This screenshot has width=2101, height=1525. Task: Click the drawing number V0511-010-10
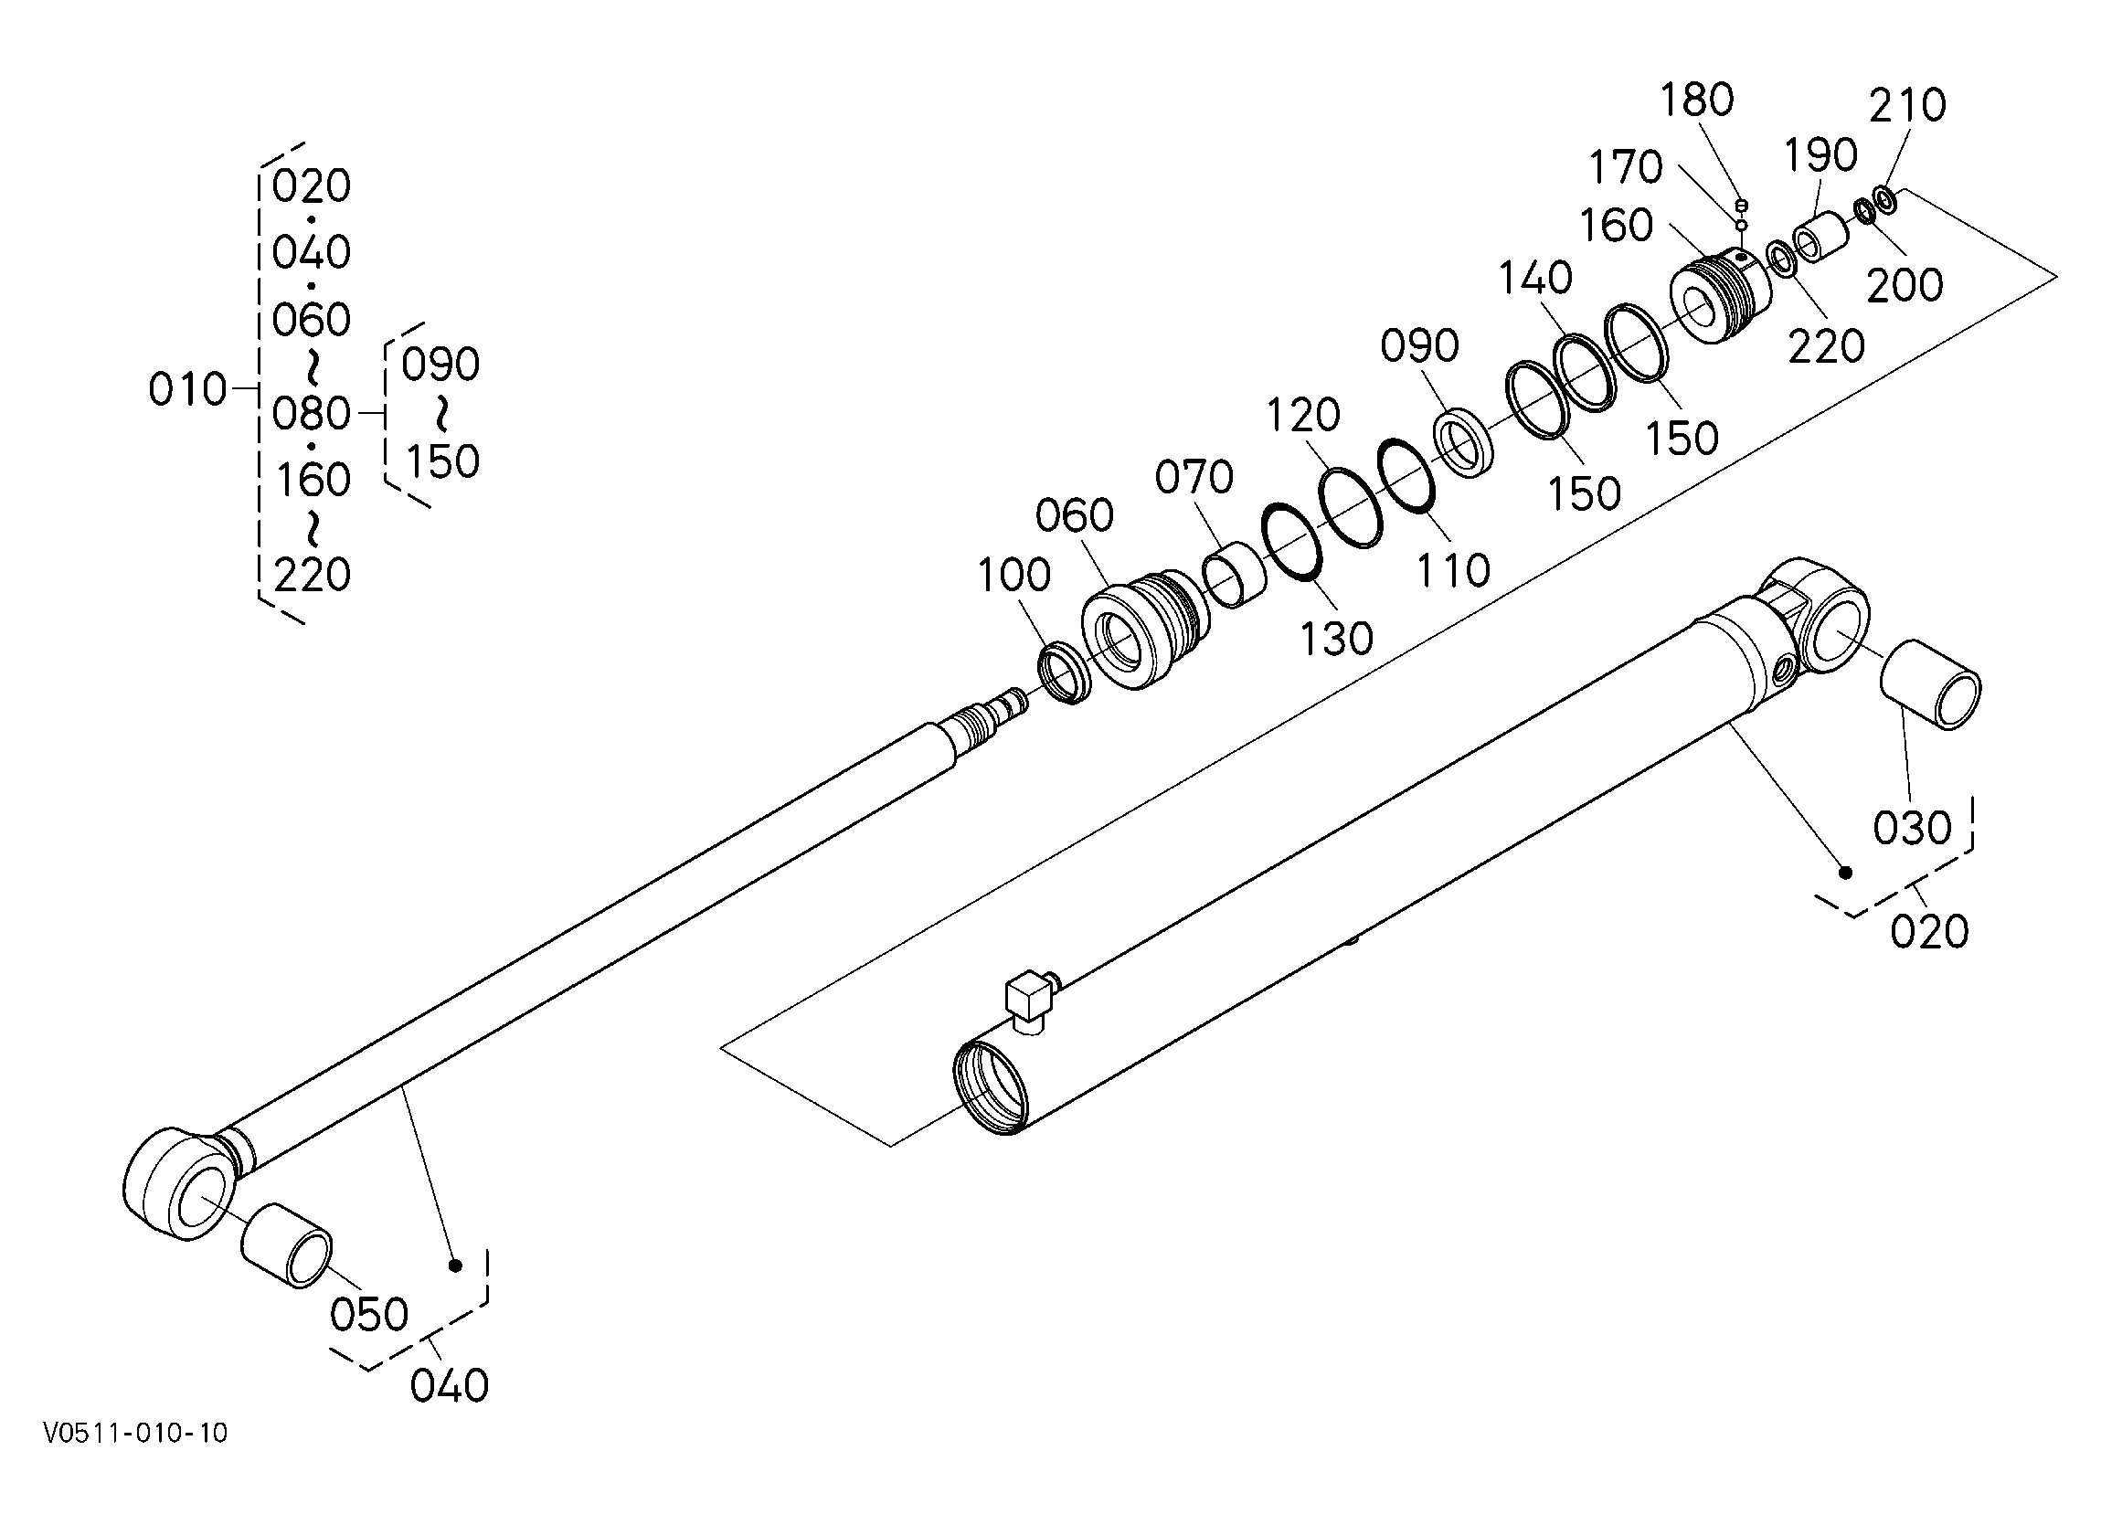(135, 1434)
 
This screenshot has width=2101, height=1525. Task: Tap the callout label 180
(1696, 101)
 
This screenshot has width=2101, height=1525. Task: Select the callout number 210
(1906, 107)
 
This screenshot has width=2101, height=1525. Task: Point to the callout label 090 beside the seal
(1419, 346)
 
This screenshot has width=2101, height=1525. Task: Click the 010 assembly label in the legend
(187, 390)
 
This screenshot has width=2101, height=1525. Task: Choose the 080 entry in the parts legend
(312, 414)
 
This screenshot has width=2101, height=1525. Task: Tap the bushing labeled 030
(1929, 683)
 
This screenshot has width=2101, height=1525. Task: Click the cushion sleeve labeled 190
(1820, 238)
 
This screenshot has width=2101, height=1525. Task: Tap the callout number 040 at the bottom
(450, 1386)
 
